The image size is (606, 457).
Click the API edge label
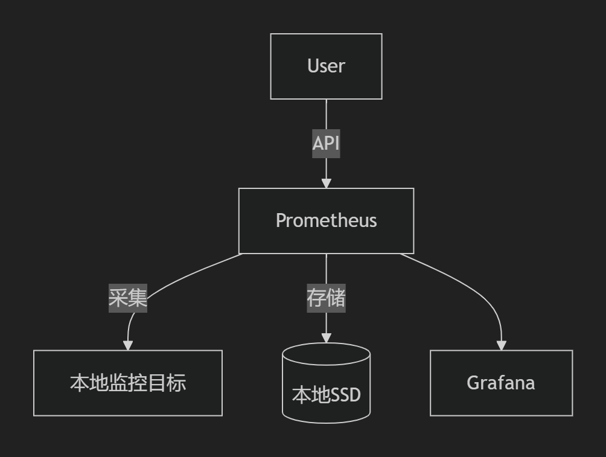tap(326, 144)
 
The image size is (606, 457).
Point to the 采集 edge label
tap(128, 298)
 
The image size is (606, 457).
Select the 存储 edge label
tap(326, 298)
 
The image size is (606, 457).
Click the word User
tap(326, 66)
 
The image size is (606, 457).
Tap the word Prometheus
tap(326, 220)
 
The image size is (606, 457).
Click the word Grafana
tap(501, 383)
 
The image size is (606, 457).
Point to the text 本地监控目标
tap(127, 383)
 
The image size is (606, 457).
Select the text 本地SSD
tap(326, 395)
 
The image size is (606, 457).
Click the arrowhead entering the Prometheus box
tap(326, 183)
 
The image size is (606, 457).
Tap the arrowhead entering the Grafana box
tap(501, 345)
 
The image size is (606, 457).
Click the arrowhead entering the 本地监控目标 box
tap(127, 345)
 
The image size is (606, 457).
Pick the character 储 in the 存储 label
tap(336, 298)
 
